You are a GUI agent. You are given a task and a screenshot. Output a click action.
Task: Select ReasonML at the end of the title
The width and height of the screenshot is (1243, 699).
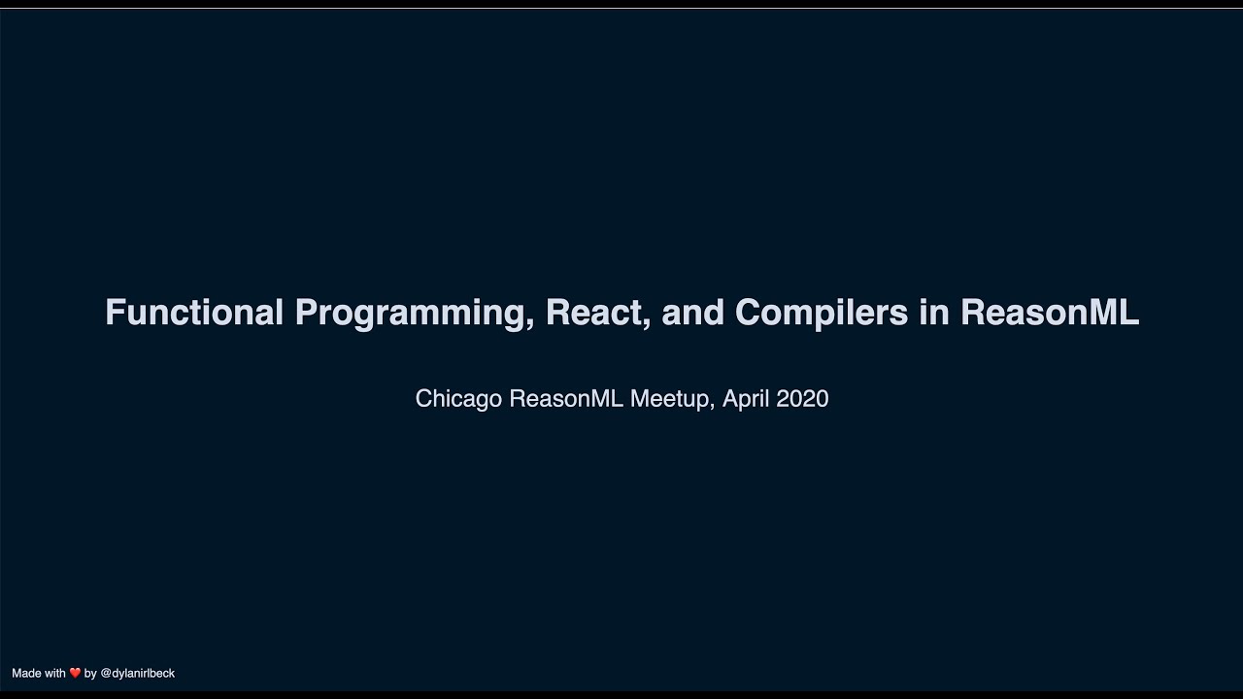click(1050, 313)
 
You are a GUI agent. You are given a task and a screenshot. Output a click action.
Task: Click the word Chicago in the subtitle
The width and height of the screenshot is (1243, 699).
click(458, 399)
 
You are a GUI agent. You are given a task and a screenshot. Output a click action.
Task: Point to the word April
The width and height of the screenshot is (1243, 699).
click(746, 399)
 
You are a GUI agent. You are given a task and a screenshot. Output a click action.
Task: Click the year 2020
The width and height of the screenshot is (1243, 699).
click(802, 399)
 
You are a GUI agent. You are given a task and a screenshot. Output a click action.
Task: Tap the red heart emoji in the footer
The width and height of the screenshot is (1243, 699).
click(75, 673)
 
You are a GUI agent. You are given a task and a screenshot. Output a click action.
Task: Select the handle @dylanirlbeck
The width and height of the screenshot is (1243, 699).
click(137, 673)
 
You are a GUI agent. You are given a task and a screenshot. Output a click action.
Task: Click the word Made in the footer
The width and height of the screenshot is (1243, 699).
click(25, 673)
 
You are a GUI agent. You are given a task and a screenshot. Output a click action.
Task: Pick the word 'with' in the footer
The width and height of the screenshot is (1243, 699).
click(54, 673)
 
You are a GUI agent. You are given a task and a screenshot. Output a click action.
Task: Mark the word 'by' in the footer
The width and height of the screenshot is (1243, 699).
click(90, 673)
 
